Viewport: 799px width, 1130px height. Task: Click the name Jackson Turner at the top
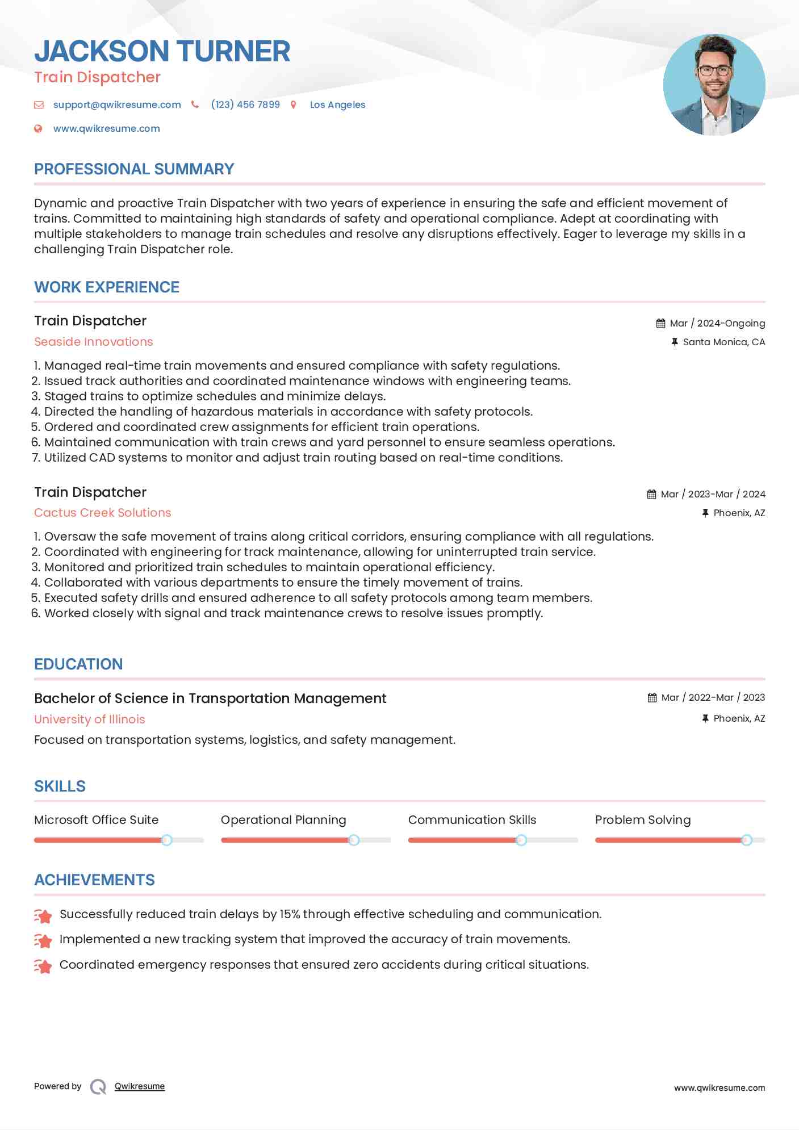point(162,51)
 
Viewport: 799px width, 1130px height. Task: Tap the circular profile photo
point(714,85)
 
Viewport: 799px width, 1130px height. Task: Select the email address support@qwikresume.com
point(117,104)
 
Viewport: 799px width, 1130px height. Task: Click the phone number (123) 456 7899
point(245,104)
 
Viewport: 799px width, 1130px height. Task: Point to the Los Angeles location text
point(337,104)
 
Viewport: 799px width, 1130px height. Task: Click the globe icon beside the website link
point(38,128)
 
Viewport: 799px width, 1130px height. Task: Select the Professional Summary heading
point(134,169)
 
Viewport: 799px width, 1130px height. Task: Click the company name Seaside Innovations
point(94,342)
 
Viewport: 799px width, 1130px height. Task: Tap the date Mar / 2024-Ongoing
point(717,323)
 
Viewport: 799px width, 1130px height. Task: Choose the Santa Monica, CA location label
point(724,342)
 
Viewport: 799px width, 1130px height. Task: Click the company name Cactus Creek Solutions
point(103,513)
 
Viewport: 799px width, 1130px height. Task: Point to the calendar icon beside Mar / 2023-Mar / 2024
point(652,495)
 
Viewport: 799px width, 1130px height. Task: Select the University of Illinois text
point(90,719)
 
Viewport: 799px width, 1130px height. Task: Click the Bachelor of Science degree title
point(210,698)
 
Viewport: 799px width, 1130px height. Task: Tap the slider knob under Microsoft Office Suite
point(167,840)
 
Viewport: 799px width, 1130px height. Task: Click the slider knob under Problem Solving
point(747,840)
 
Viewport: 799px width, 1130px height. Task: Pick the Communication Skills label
point(472,820)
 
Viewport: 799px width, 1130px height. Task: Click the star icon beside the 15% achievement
point(43,915)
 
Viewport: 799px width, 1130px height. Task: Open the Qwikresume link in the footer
point(140,1086)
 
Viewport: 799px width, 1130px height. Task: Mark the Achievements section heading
point(94,880)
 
